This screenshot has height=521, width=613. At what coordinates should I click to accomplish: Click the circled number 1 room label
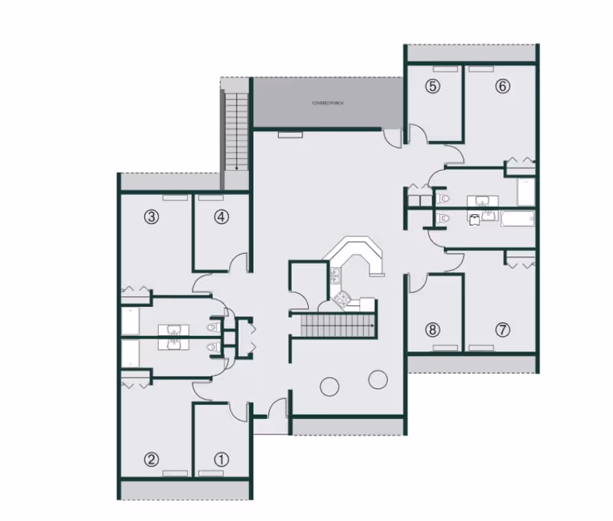coord(221,460)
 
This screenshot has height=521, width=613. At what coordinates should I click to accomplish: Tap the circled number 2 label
coord(152,460)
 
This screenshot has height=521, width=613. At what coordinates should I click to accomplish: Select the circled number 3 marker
coord(152,217)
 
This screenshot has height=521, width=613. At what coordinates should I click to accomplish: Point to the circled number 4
coord(221,217)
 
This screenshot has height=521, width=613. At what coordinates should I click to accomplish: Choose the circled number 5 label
coord(433,86)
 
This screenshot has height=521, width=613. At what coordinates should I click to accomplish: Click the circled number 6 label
coord(502,86)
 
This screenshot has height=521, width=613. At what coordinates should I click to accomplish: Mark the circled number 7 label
coord(502,331)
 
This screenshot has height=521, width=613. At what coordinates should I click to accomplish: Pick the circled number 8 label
coord(433,331)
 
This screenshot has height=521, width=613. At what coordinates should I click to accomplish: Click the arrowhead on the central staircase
coord(372,326)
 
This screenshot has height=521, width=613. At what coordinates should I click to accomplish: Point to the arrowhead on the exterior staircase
coord(237,167)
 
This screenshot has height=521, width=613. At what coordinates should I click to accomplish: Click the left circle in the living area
coord(329,386)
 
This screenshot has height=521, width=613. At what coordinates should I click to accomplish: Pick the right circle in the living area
coord(378,379)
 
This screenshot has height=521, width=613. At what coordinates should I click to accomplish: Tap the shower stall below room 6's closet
coord(525,192)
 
